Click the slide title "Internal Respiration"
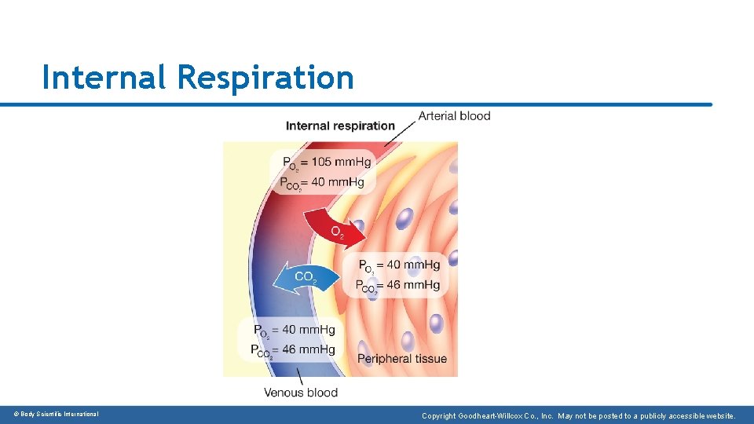(198, 78)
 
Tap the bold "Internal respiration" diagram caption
(340, 126)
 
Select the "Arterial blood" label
(454, 115)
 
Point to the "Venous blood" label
(301, 393)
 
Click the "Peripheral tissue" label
(402, 359)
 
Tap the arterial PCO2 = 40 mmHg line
(322, 183)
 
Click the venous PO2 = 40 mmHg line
(294, 330)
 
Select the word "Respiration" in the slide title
(265, 78)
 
